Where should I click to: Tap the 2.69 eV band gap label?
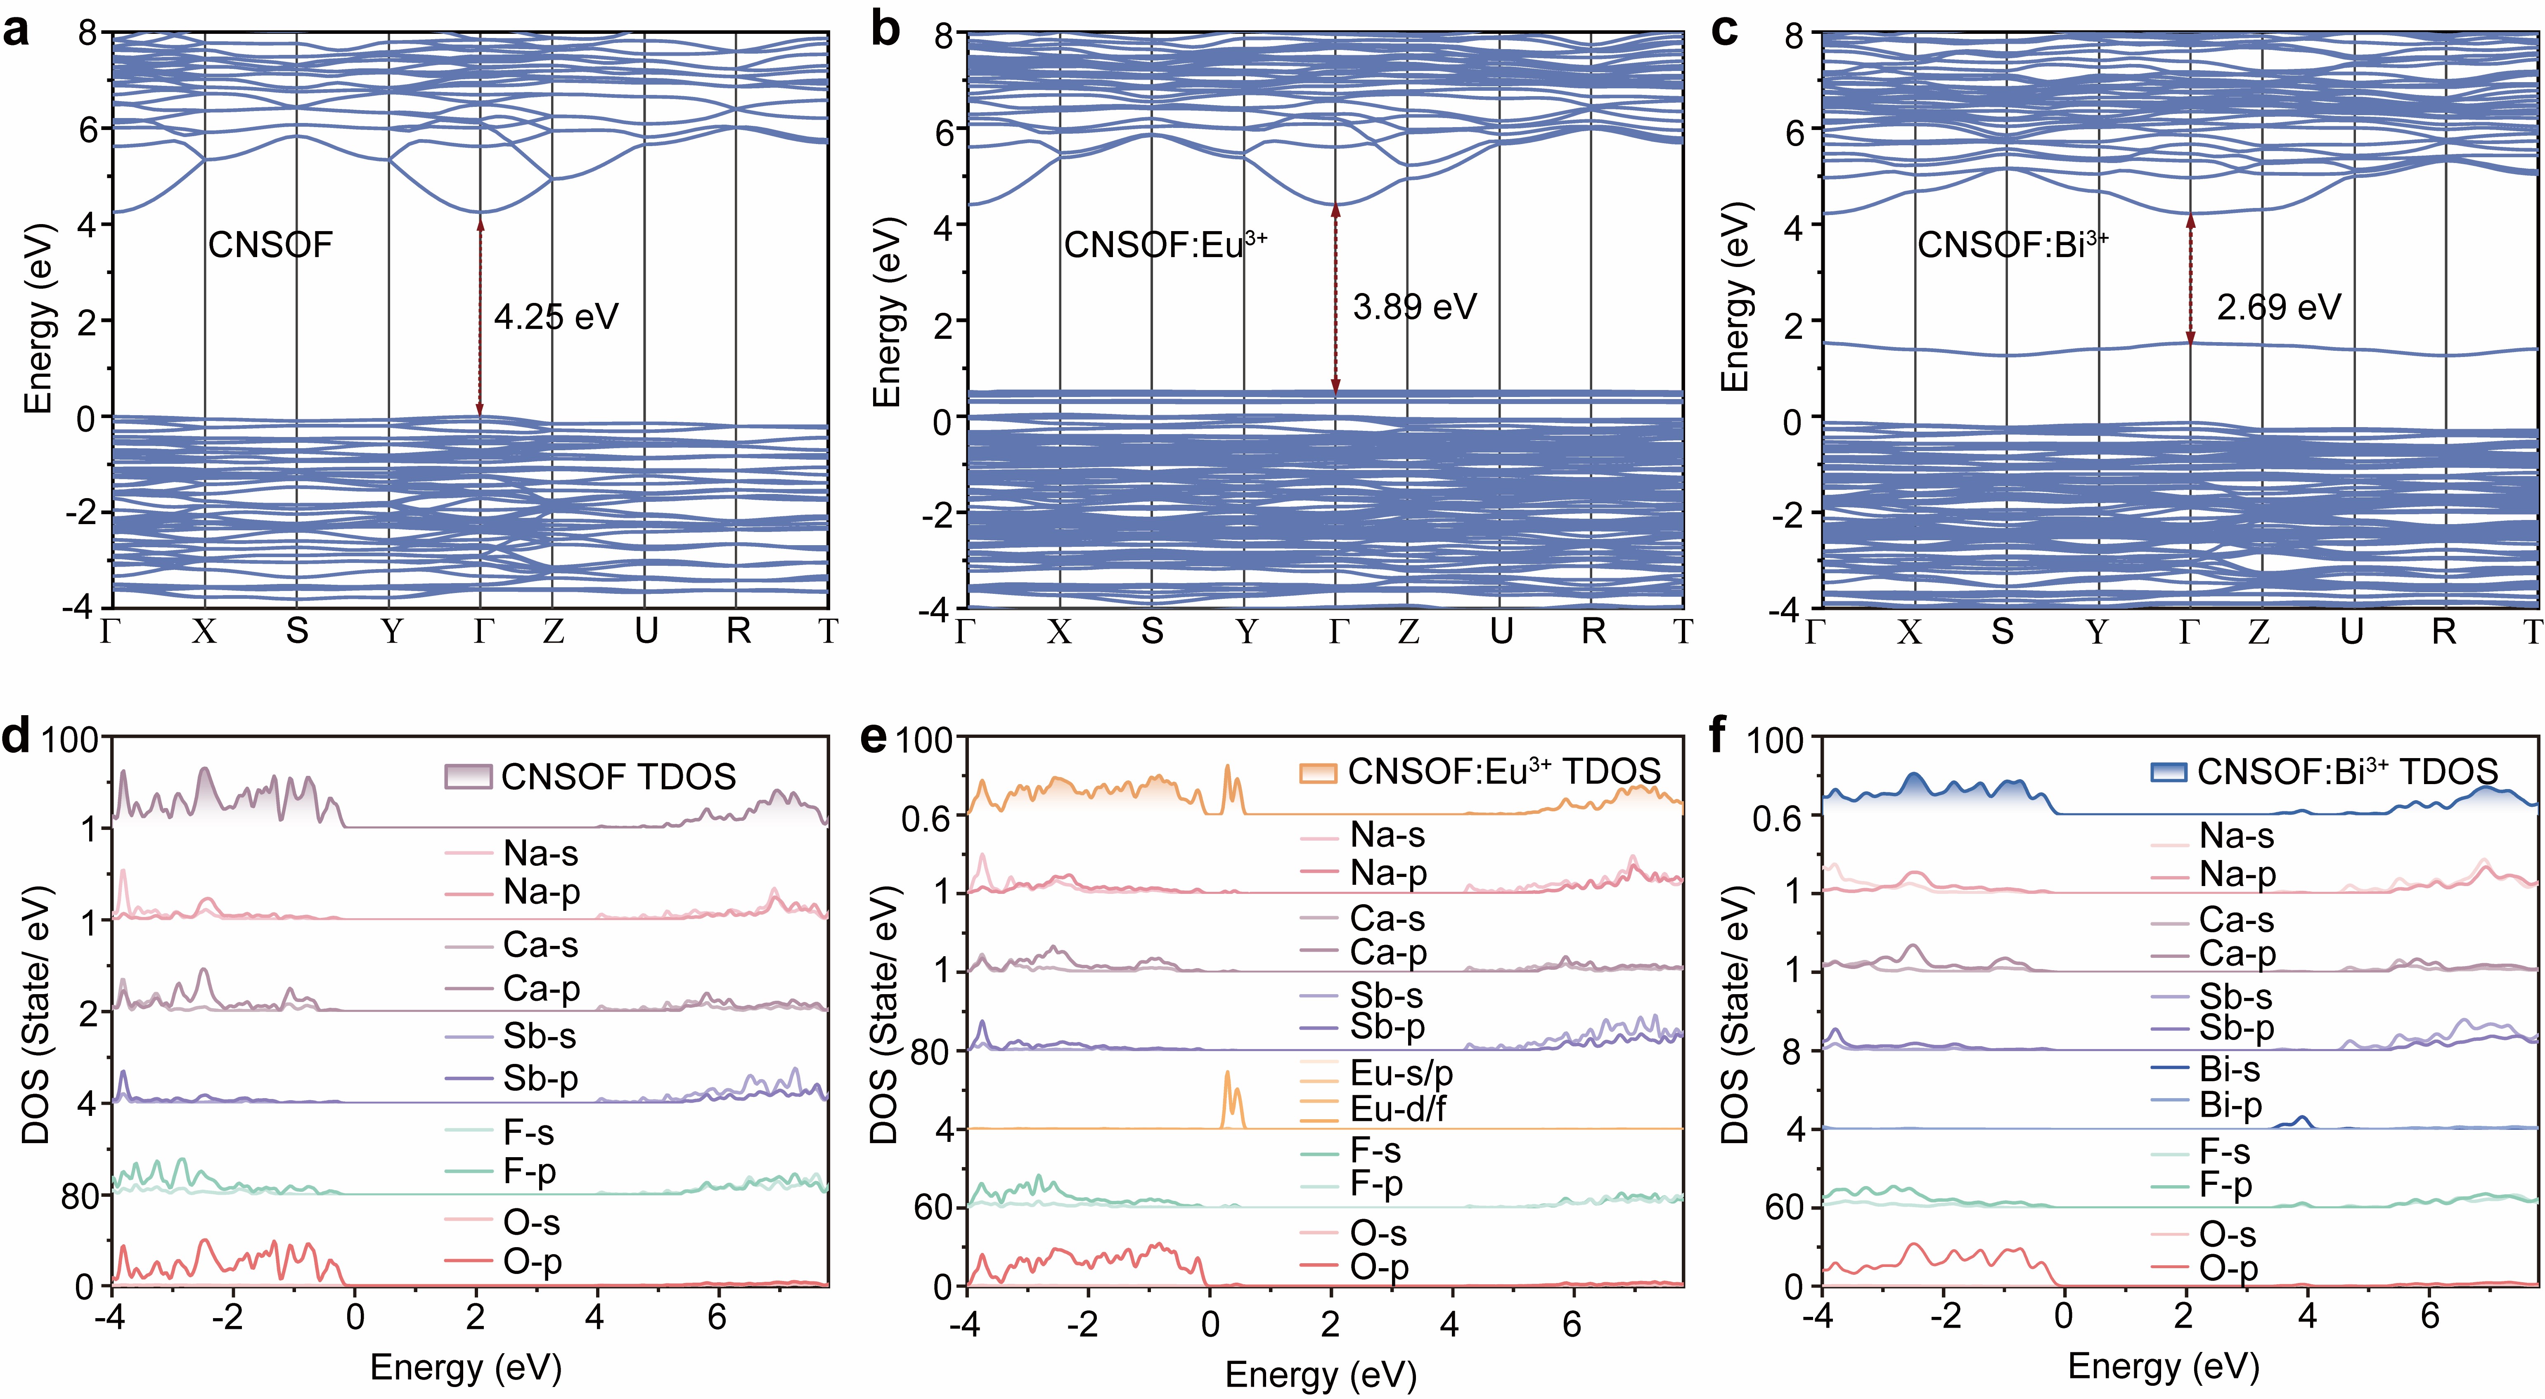click(2278, 307)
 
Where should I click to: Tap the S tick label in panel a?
click(296, 630)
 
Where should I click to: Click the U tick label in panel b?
click(1501, 630)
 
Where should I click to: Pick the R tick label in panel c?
click(2443, 630)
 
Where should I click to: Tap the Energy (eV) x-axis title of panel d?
click(465, 1367)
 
